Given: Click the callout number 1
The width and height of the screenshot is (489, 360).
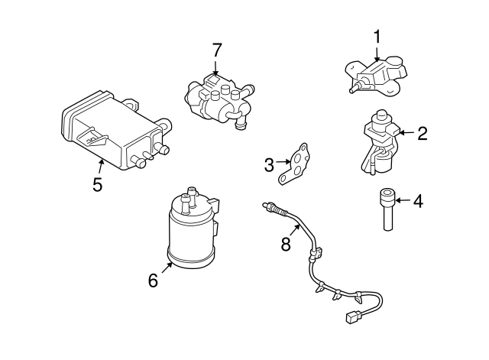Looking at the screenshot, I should (x=377, y=36).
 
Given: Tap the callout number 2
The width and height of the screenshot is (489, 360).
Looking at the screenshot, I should (x=422, y=134).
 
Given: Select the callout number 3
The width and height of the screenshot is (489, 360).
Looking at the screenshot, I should (x=269, y=164).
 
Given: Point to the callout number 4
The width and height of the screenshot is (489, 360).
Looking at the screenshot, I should (x=418, y=202).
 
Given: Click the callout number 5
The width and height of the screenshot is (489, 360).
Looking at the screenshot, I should (x=97, y=184).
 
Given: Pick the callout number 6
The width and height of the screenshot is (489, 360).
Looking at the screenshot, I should (x=153, y=281).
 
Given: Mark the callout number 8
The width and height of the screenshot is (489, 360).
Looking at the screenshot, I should (x=286, y=245).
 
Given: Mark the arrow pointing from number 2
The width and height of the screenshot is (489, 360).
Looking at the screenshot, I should (x=405, y=134).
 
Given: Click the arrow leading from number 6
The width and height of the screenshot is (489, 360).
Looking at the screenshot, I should (x=166, y=268).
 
